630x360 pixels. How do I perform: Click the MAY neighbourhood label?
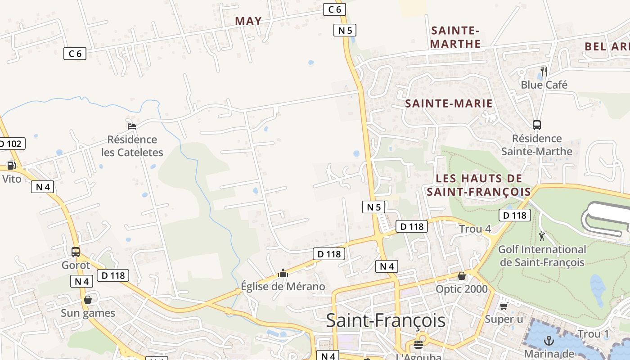point(248,21)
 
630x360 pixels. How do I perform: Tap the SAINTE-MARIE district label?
point(449,103)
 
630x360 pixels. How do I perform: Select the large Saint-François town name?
point(386,320)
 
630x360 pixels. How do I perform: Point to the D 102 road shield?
point(11,144)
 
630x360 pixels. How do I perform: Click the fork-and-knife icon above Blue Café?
point(544,71)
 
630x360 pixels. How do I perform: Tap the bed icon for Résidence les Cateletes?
point(131,126)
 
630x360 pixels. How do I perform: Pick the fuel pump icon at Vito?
point(11,166)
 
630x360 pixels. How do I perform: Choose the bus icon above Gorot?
point(76,252)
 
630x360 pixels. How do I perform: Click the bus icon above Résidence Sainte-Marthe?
point(536,125)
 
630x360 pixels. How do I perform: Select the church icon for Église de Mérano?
point(283,273)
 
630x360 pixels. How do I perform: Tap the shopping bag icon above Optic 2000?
point(461,276)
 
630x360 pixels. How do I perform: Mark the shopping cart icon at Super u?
point(504,306)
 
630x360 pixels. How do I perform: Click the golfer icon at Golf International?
point(542,236)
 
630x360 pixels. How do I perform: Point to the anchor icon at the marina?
point(549,341)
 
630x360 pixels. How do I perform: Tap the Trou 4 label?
point(475,229)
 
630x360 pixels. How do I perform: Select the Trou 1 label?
point(593,334)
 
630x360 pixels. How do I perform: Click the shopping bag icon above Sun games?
point(88,300)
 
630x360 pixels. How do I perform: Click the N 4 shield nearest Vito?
point(43,186)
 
